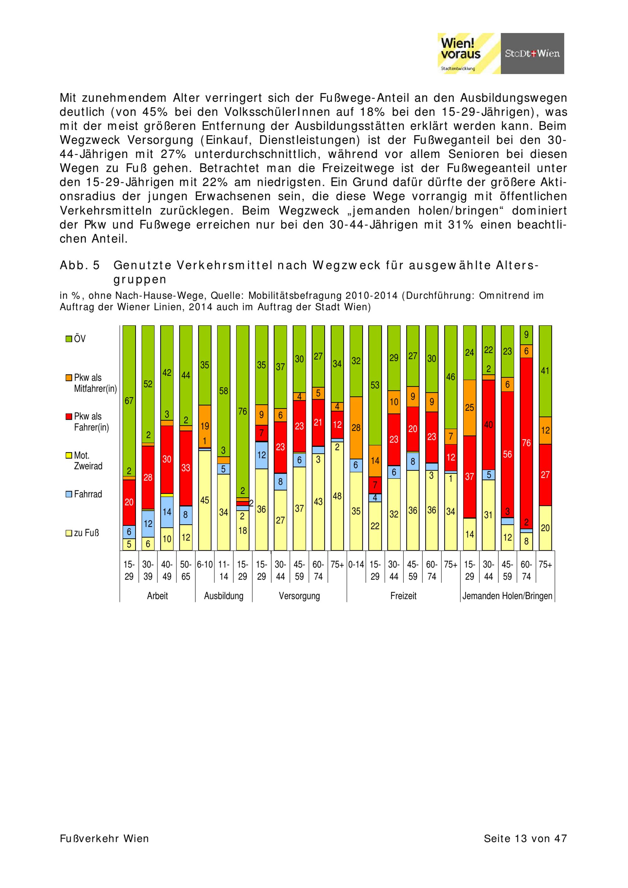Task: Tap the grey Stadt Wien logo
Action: point(532,53)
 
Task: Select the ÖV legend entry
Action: point(76,339)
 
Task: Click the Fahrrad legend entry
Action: point(84,494)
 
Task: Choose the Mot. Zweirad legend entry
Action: point(84,461)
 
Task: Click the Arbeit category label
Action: point(157,596)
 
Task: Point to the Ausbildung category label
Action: point(224,596)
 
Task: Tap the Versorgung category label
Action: point(299,596)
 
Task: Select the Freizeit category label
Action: point(403,596)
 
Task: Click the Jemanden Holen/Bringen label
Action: point(507,596)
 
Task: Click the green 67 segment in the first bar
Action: point(129,401)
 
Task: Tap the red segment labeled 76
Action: point(526,443)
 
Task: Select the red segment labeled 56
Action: point(507,454)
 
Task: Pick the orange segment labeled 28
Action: point(356,427)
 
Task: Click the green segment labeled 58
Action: point(224,391)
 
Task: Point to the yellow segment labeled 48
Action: point(337,496)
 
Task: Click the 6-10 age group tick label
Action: point(204,565)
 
